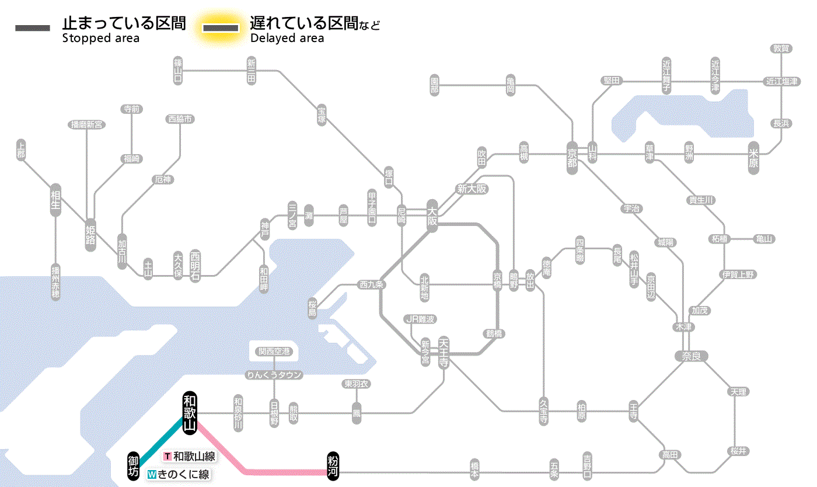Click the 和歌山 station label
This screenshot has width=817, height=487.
pos(190,412)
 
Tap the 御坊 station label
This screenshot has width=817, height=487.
pos(134,465)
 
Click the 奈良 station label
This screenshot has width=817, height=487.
pos(691,356)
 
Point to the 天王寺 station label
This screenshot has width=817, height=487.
pos(444,353)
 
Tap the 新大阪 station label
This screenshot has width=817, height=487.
pos(472,189)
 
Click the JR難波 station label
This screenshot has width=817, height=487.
pos(420,319)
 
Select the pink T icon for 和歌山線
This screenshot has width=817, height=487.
pos(168,457)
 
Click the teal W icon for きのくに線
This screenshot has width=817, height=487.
pos(152,474)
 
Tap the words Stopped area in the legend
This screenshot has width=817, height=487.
pos(101,39)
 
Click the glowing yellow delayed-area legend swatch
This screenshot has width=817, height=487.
pos(220,28)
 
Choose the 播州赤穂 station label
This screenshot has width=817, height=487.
pos(55,282)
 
